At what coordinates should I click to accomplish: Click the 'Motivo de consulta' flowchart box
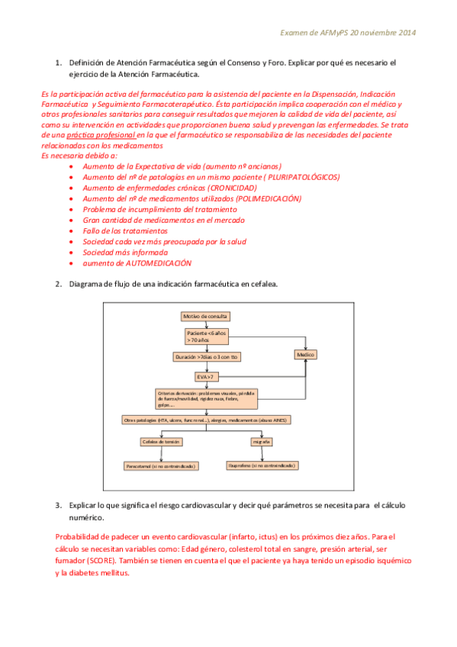tap(204, 316)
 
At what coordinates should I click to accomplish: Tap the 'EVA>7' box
tap(205, 376)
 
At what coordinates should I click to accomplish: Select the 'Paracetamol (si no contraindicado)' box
tap(160, 465)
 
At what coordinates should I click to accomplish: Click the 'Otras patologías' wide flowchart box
tap(205, 420)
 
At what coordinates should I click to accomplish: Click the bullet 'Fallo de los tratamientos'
tap(125, 230)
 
